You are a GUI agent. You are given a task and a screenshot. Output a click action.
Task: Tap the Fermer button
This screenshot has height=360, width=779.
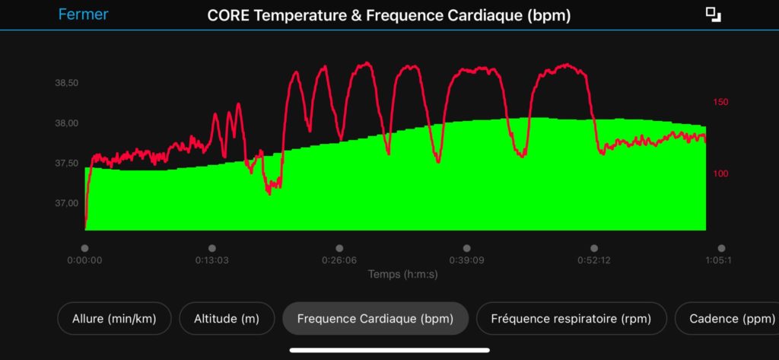pyautogui.click(x=83, y=14)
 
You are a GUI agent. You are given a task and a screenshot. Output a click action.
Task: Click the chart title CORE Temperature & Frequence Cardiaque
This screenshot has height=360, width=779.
pyautogui.click(x=389, y=15)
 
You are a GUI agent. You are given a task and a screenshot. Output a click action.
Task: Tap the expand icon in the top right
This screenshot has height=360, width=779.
pyautogui.click(x=713, y=14)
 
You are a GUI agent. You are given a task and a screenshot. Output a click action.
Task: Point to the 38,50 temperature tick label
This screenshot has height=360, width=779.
pyautogui.click(x=67, y=83)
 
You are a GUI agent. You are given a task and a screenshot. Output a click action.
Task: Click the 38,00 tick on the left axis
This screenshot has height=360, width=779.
pyautogui.click(x=67, y=123)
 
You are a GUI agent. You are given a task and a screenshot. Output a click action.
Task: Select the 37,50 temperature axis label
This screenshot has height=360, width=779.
pyautogui.click(x=67, y=164)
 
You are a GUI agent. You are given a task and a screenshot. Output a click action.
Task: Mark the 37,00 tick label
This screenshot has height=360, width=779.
pyautogui.click(x=67, y=203)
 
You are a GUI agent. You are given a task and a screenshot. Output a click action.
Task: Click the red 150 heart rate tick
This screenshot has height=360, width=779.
pyautogui.click(x=720, y=102)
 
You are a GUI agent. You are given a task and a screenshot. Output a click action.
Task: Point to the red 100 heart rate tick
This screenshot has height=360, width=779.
pyautogui.click(x=720, y=174)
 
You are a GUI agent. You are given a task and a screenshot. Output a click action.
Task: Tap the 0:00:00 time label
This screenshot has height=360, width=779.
pyautogui.click(x=84, y=260)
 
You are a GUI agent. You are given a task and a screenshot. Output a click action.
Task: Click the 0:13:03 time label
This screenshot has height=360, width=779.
pyautogui.click(x=211, y=260)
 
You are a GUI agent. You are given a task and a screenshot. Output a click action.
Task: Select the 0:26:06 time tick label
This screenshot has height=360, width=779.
pyautogui.click(x=339, y=260)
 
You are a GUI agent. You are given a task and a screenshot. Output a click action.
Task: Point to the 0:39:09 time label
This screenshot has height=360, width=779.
pyautogui.click(x=466, y=260)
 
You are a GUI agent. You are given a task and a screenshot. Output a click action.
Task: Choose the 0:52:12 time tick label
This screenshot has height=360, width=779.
pyautogui.click(x=594, y=260)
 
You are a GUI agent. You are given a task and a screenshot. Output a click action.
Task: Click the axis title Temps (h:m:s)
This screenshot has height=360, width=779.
pyautogui.click(x=402, y=274)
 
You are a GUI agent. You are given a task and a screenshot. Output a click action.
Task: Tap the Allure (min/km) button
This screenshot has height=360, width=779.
pyautogui.click(x=113, y=319)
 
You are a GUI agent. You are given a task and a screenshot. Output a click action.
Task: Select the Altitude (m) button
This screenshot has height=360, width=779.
pyautogui.click(x=227, y=319)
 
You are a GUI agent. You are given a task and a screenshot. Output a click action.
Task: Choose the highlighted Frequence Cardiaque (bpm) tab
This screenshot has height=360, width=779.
pyautogui.click(x=375, y=319)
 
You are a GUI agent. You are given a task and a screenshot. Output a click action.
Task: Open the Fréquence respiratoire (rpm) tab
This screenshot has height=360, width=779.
pyautogui.click(x=571, y=319)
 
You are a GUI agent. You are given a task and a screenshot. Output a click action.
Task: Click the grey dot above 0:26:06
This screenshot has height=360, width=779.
pyautogui.click(x=339, y=248)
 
